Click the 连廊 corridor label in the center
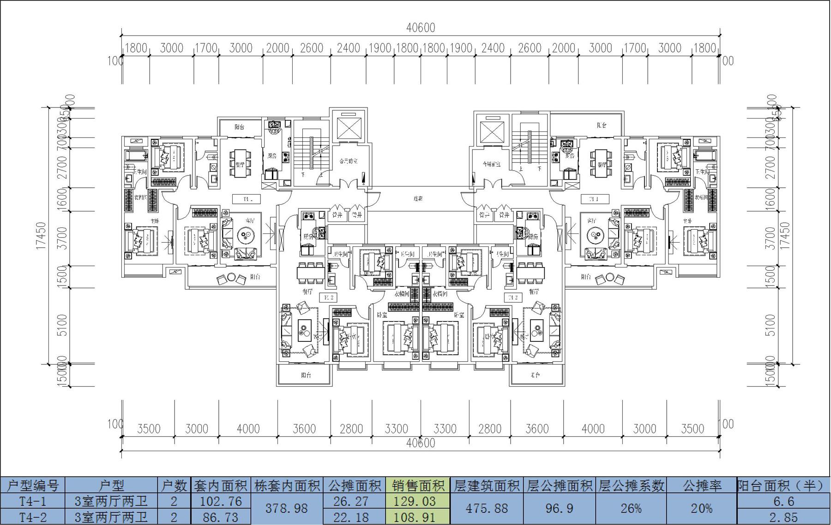418,199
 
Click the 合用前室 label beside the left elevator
349,161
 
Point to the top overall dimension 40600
421,28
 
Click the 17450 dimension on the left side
41,236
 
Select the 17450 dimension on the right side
784,236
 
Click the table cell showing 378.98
287,508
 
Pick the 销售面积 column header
418,485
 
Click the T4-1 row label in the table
33,501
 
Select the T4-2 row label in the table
33,517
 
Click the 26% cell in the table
631,508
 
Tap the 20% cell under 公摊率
701,508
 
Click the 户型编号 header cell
33,485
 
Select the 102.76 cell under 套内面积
222,501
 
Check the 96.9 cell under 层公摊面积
559,508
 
